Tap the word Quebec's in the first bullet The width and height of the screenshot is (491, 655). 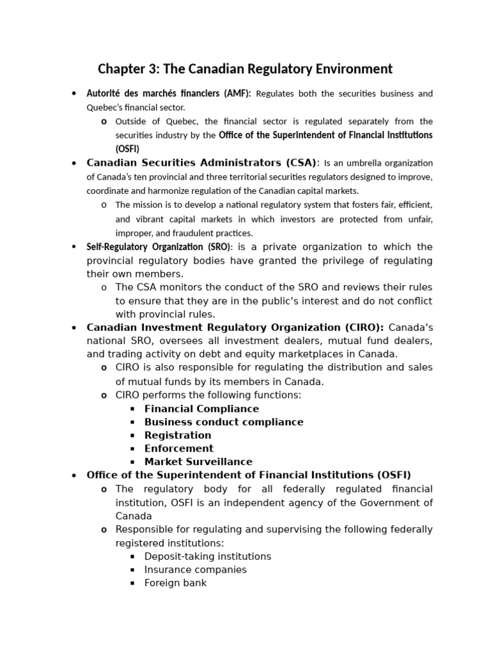click(x=105, y=107)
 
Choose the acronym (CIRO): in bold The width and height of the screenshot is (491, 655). click(x=361, y=327)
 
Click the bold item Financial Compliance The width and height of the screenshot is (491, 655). click(x=201, y=409)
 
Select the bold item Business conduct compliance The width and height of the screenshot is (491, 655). click(x=224, y=422)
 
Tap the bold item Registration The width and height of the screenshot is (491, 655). click(x=178, y=436)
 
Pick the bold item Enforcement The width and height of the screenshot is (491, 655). click(x=179, y=448)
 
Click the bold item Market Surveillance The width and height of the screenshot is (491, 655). click(x=198, y=462)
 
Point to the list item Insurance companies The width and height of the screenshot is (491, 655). click(x=195, y=570)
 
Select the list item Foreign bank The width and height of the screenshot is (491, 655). click(x=175, y=583)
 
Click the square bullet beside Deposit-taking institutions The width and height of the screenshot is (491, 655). click(x=133, y=557)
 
